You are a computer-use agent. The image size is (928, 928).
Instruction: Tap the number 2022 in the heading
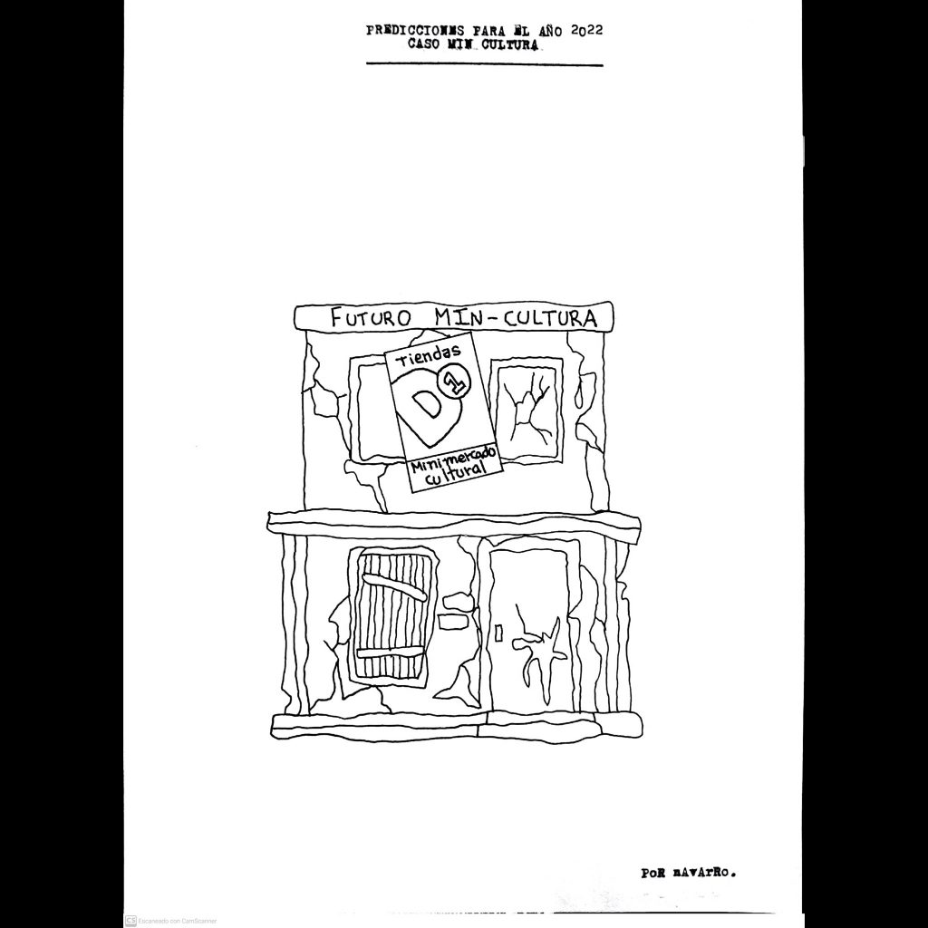(587, 31)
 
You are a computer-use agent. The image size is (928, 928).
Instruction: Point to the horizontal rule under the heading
(485, 64)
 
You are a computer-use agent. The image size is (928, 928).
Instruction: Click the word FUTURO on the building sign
(371, 318)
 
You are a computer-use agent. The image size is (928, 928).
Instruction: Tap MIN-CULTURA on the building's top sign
(515, 317)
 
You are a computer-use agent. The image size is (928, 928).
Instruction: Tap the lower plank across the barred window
(389, 652)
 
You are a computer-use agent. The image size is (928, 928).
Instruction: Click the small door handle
(498, 633)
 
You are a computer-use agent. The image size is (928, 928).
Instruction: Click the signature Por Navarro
(689, 873)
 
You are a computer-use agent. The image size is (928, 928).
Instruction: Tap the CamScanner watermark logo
(130, 921)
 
